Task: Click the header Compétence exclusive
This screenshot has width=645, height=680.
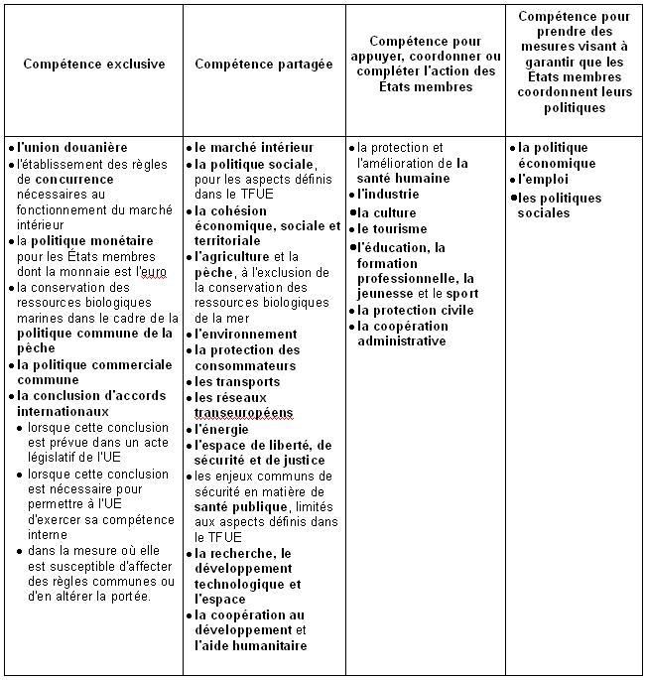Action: pos(93,65)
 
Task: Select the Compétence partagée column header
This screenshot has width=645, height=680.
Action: pos(264,65)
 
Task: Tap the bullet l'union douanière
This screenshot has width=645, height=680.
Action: pos(72,148)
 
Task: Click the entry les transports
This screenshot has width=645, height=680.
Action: pos(237,382)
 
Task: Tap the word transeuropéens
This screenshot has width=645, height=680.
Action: pos(244,413)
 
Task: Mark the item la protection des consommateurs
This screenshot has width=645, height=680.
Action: pos(247,358)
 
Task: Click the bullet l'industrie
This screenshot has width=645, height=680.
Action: pos(388,195)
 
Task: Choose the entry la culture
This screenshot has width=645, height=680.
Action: pos(387,212)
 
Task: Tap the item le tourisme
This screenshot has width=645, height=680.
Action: pos(390,229)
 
